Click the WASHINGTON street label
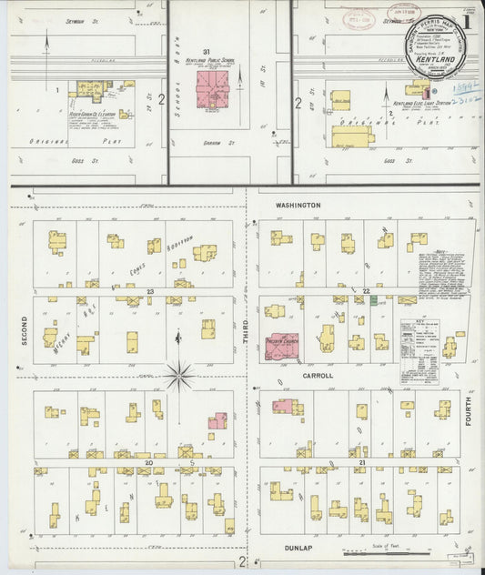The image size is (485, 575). click(x=298, y=206)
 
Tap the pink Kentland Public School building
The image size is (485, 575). click(x=214, y=90)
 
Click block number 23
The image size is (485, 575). click(x=147, y=291)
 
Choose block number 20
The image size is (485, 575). click(x=147, y=462)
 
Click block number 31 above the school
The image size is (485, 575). click(x=207, y=51)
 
